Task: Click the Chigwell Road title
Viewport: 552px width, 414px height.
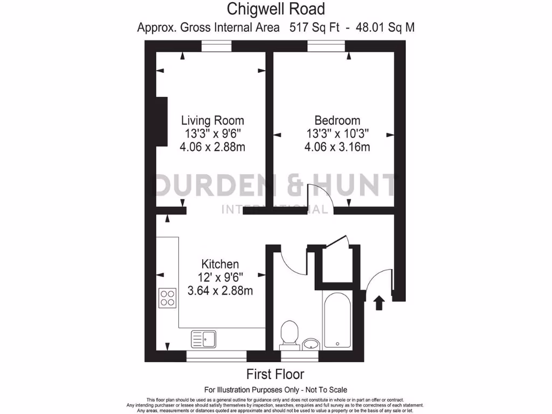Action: click(275, 9)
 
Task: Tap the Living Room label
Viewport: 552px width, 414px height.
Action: click(212, 120)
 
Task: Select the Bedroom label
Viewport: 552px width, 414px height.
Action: click(337, 120)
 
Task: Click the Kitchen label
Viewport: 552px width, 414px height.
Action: click(220, 264)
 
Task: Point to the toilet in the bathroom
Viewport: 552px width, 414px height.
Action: click(289, 334)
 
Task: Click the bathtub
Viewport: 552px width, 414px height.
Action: click(337, 320)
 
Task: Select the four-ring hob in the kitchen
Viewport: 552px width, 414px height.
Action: click(168, 298)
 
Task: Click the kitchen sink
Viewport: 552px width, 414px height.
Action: click(203, 339)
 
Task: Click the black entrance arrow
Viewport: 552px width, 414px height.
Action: click(379, 302)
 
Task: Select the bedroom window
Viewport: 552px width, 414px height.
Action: click(326, 47)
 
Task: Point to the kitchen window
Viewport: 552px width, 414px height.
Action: click(216, 356)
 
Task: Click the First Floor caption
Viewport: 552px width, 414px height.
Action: click(275, 374)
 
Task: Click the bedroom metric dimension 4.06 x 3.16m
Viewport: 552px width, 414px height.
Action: click(337, 147)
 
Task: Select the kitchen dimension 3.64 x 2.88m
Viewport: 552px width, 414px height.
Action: click(220, 291)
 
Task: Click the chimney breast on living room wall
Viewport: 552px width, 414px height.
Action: click(161, 121)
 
